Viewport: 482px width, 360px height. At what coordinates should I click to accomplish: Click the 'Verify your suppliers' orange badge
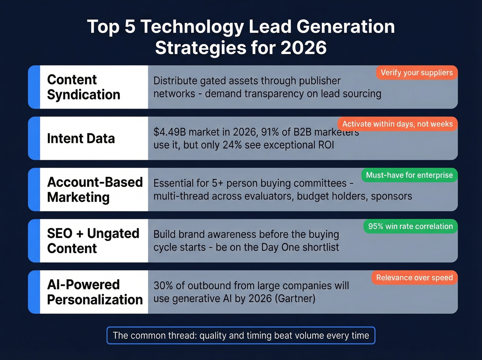pyautogui.click(x=417, y=73)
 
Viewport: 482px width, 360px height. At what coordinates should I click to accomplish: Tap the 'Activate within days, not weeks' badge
pyautogui.click(x=397, y=124)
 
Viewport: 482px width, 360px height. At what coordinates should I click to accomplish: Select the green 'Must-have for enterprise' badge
pyautogui.click(x=409, y=175)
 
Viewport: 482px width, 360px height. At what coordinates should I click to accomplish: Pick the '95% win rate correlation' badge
pyautogui.click(x=410, y=226)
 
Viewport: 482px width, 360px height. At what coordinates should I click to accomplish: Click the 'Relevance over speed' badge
pyautogui.click(x=414, y=278)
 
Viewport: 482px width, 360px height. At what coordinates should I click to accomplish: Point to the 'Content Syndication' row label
pyautogui.click(x=84, y=87)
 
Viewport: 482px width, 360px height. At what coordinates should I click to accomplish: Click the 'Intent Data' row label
pyautogui.click(x=81, y=138)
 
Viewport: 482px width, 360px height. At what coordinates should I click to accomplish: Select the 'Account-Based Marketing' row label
pyautogui.click(x=95, y=189)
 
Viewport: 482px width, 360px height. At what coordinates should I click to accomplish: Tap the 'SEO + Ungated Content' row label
pyautogui.click(x=93, y=241)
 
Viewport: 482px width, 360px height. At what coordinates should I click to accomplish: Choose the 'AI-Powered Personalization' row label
pyautogui.click(x=95, y=292)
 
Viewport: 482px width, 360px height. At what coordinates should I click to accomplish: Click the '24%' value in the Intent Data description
pyautogui.click(x=232, y=145)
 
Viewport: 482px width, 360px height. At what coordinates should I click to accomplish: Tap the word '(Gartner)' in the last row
pyautogui.click(x=295, y=298)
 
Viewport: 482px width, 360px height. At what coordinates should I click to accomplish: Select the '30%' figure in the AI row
pyautogui.click(x=163, y=286)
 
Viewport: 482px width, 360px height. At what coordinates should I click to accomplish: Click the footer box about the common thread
pyautogui.click(x=241, y=336)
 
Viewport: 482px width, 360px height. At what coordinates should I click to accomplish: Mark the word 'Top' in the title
pyautogui.click(x=103, y=27)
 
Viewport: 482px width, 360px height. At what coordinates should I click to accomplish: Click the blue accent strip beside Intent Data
pyautogui.click(x=34, y=138)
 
